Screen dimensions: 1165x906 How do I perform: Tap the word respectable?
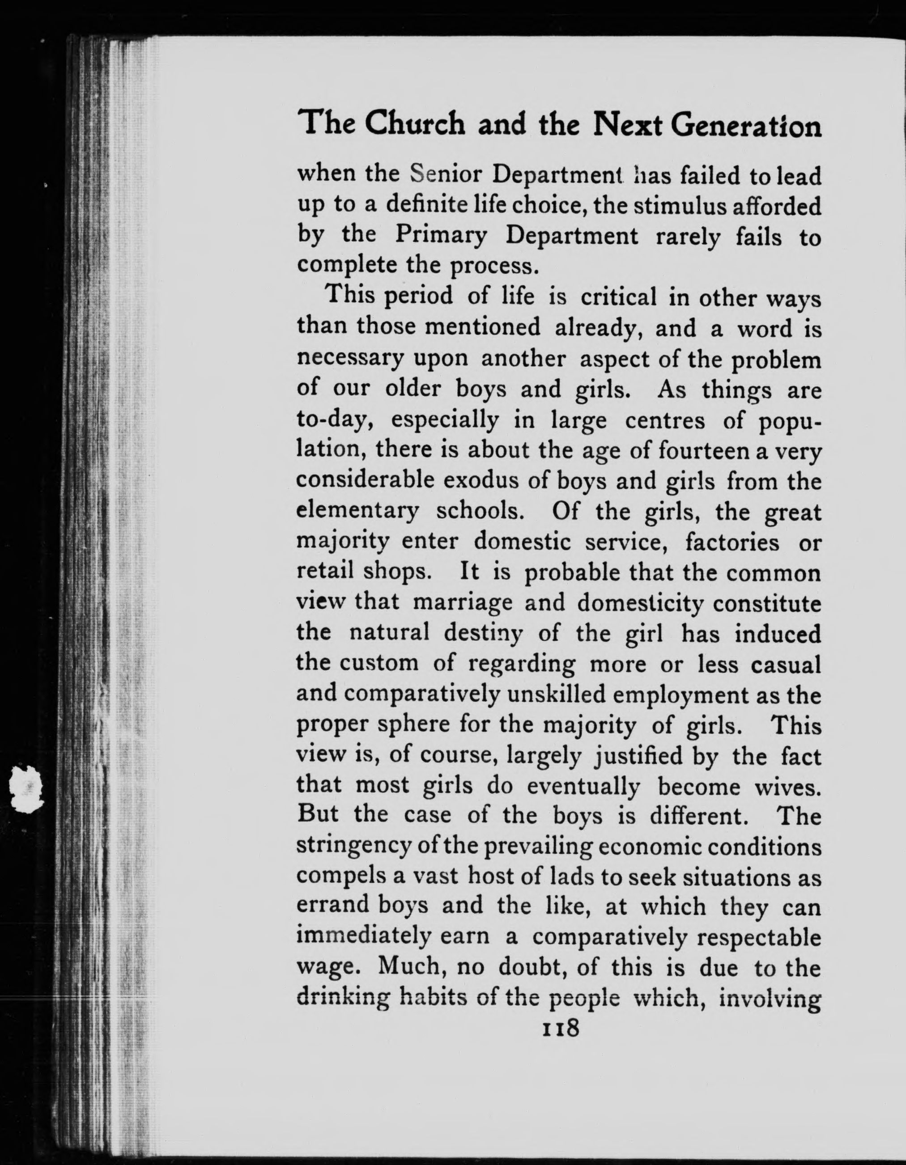pyautogui.click(x=759, y=939)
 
